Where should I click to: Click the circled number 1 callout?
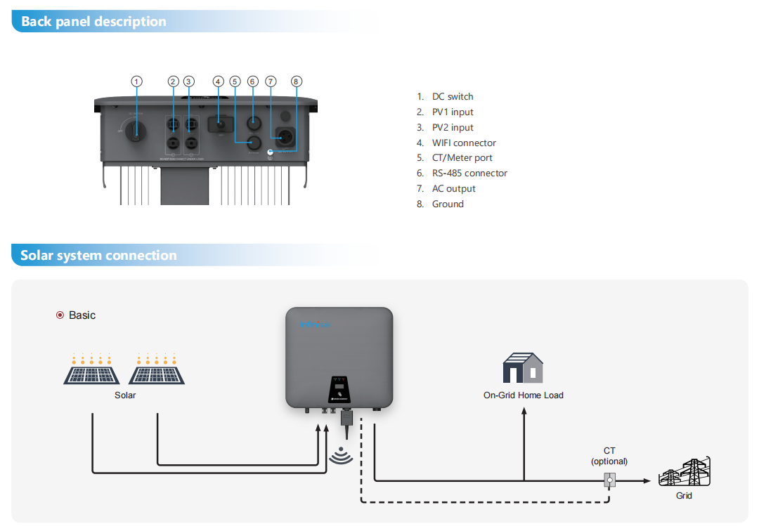tap(137, 81)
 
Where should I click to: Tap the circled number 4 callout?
tap(218, 81)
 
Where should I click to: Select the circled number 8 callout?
tap(296, 81)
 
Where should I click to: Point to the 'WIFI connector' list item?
tap(464, 143)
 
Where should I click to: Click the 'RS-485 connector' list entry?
tap(469, 173)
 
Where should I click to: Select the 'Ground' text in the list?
tap(448, 204)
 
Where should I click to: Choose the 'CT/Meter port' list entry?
tap(462, 158)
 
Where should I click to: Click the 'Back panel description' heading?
tap(93, 21)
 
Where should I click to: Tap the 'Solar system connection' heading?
tap(98, 255)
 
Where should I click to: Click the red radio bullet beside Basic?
tap(60, 315)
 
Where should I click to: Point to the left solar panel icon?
tap(91, 370)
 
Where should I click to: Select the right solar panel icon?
tap(157, 370)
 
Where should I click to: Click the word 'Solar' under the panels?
tap(125, 395)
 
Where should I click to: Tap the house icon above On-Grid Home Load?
tap(523, 368)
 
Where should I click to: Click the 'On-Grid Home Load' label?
tap(523, 395)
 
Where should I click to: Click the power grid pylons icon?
tap(684, 473)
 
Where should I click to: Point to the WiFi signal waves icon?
tap(341, 455)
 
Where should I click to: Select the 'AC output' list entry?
tap(453, 188)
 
